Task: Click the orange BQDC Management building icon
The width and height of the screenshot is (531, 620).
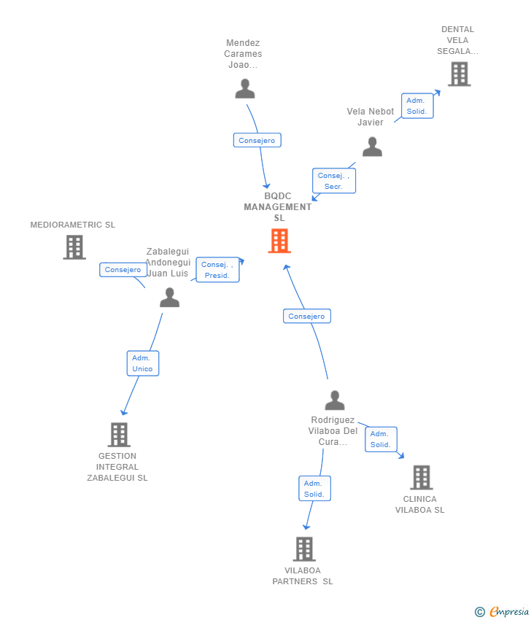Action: click(279, 241)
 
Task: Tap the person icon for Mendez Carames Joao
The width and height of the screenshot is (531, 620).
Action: click(245, 88)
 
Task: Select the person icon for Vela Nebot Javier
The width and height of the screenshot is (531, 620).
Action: click(372, 147)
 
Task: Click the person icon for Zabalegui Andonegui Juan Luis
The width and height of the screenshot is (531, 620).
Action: click(169, 297)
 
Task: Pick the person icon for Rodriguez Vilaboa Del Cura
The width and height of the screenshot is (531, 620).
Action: click(334, 400)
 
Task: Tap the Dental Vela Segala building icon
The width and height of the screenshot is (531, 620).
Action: click(459, 74)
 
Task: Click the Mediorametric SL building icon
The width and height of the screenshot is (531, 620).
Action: click(74, 247)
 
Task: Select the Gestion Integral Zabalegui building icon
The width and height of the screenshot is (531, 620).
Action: click(119, 435)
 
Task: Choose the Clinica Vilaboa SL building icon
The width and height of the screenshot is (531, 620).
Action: click(421, 478)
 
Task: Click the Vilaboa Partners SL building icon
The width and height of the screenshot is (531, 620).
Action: click(304, 549)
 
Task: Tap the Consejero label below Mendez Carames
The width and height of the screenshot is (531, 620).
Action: click(257, 140)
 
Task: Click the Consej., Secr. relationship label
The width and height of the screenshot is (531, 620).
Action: click(334, 181)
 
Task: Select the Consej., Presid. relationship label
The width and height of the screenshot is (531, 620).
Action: click(217, 270)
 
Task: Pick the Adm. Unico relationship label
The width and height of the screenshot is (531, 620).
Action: click(142, 363)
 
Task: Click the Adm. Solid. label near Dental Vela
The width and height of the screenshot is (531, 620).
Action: click(417, 106)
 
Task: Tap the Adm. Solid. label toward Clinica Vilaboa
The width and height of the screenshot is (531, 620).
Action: click(381, 439)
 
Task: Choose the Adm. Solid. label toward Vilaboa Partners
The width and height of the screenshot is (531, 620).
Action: click(314, 489)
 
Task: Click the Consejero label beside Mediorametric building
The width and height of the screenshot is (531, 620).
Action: click(123, 270)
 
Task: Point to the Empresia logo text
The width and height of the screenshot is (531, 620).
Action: click(508, 612)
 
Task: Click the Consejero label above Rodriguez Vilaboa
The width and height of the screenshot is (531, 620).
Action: click(306, 316)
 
